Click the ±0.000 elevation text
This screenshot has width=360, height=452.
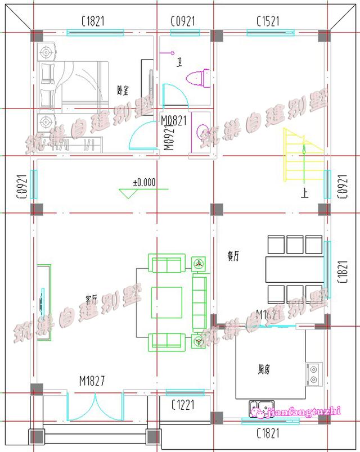144,182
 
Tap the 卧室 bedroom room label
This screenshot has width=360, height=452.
121,89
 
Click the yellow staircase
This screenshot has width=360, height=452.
304,153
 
